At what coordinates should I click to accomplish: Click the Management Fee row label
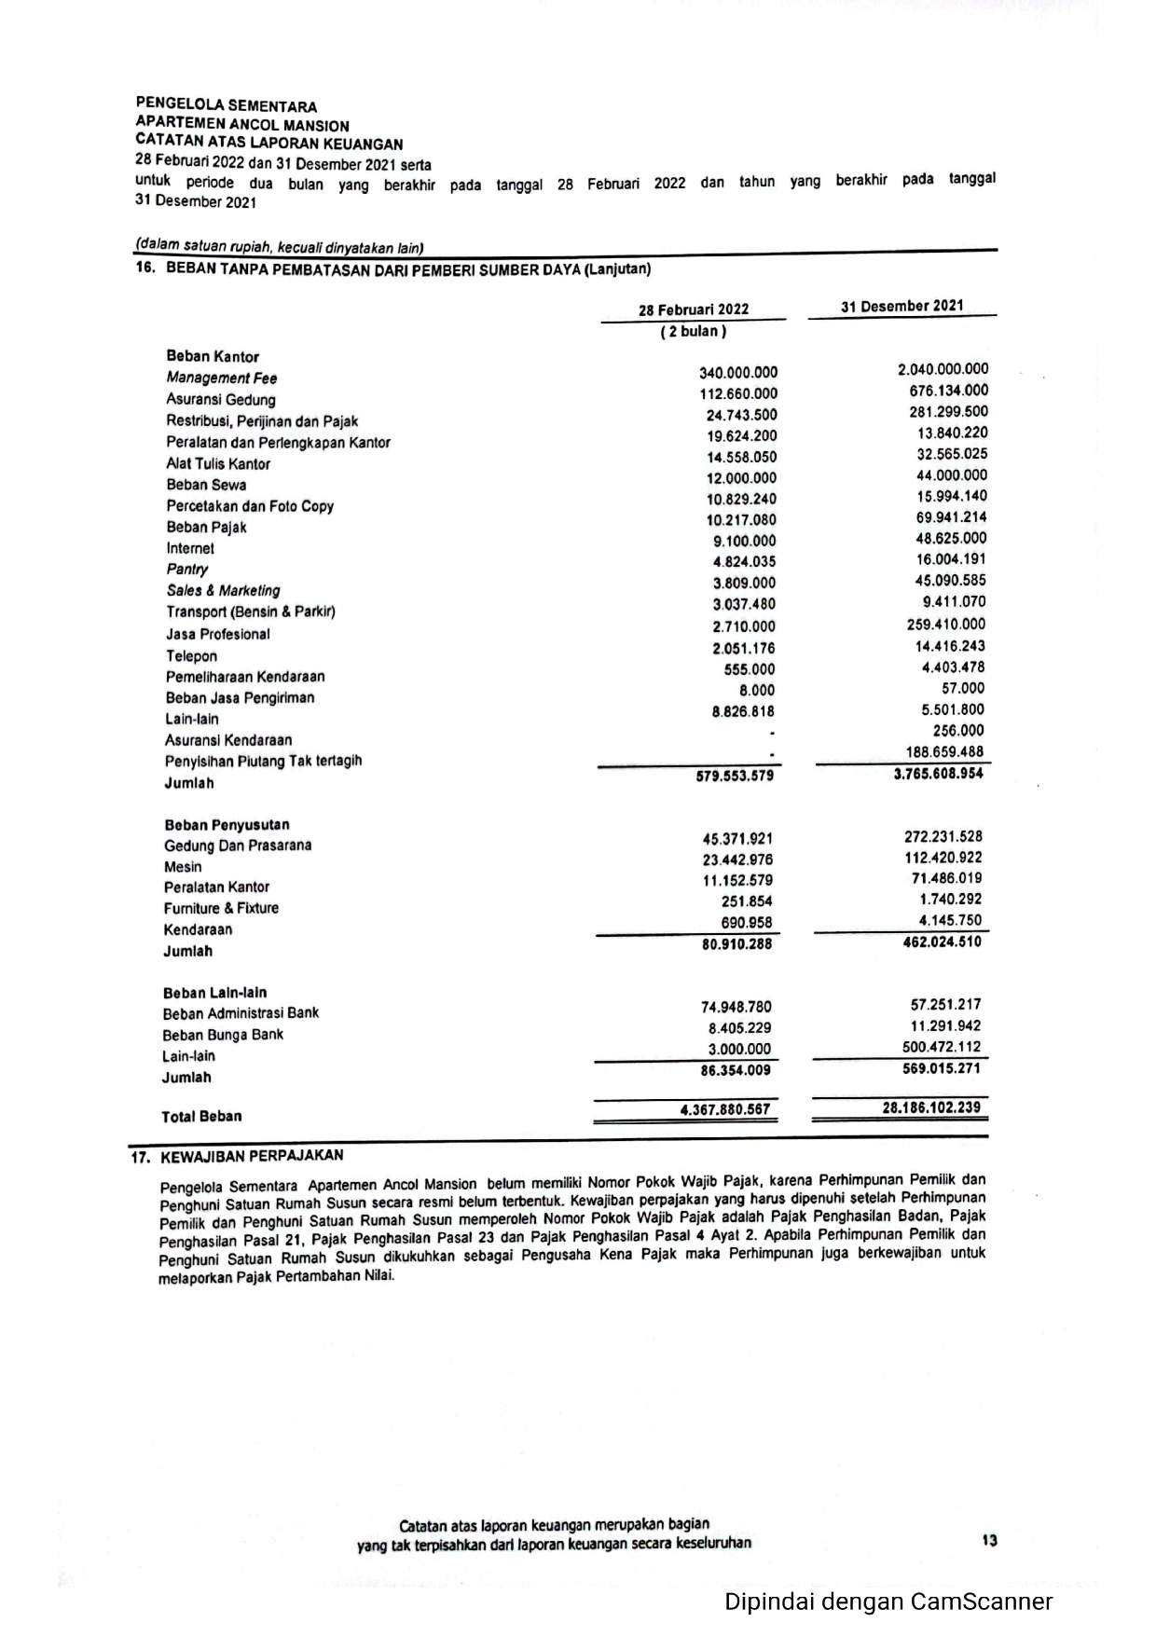point(221,378)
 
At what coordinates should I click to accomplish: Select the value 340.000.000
point(738,372)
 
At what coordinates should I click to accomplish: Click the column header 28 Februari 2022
point(693,309)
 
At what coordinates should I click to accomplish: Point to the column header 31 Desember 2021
point(901,306)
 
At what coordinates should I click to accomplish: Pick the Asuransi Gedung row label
point(221,399)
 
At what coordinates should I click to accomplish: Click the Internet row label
point(190,548)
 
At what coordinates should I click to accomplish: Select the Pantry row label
point(187,569)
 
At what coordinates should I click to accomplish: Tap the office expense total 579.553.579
point(735,776)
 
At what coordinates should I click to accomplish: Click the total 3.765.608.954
point(938,773)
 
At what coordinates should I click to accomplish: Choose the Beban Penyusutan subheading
point(227,825)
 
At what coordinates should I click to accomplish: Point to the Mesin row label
point(183,867)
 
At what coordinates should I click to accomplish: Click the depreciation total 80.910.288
point(736,944)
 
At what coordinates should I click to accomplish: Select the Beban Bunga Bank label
point(223,1035)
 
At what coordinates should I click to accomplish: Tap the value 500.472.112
point(942,1047)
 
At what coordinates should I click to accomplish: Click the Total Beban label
point(201,1117)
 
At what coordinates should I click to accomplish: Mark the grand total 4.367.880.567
point(725,1109)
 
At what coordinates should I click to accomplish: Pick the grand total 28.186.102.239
point(931,1107)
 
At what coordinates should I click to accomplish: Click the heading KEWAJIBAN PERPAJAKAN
point(252,1156)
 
